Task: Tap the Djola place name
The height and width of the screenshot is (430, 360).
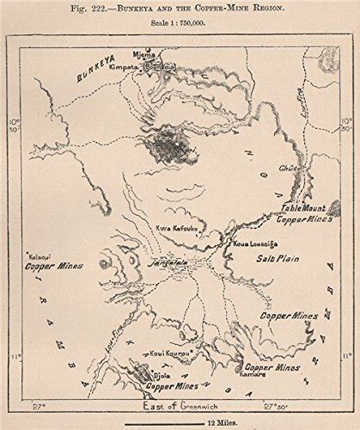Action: (x=162, y=376)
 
